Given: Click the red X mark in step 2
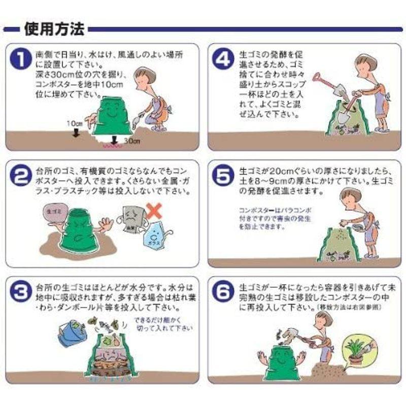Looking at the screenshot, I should (x=154, y=210).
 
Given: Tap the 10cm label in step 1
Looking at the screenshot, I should (x=75, y=123).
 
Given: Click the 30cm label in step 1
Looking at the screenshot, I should (x=132, y=142).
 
